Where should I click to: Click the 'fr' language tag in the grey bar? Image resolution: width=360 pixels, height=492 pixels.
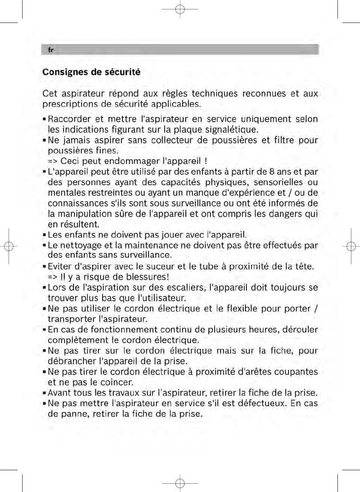click(50, 50)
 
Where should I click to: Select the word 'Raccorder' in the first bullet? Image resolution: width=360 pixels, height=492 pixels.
click(69, 119)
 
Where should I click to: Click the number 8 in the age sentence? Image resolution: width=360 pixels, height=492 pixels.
click(272, 172)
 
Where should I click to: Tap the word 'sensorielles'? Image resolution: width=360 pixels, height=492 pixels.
click(278, 183)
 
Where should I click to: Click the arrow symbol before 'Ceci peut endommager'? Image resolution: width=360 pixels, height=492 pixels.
click(53, 161)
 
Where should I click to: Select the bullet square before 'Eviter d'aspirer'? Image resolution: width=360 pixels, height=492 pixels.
click(44, 267)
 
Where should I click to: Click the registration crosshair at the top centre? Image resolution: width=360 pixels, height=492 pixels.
click(180, 9)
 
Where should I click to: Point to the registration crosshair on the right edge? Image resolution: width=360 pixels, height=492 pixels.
click(351, 246)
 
